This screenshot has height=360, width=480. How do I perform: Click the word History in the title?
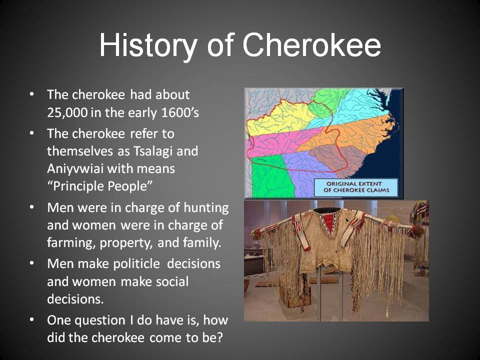pyautogui.click(x=147, y=45)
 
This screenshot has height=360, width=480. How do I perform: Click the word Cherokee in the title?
pyautogui.click(x=312, y=45)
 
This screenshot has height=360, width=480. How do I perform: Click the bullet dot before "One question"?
pyautogui.click(x=32, y=319)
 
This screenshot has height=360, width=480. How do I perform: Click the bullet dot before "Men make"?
pyautogui.click(x=32, y=263)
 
